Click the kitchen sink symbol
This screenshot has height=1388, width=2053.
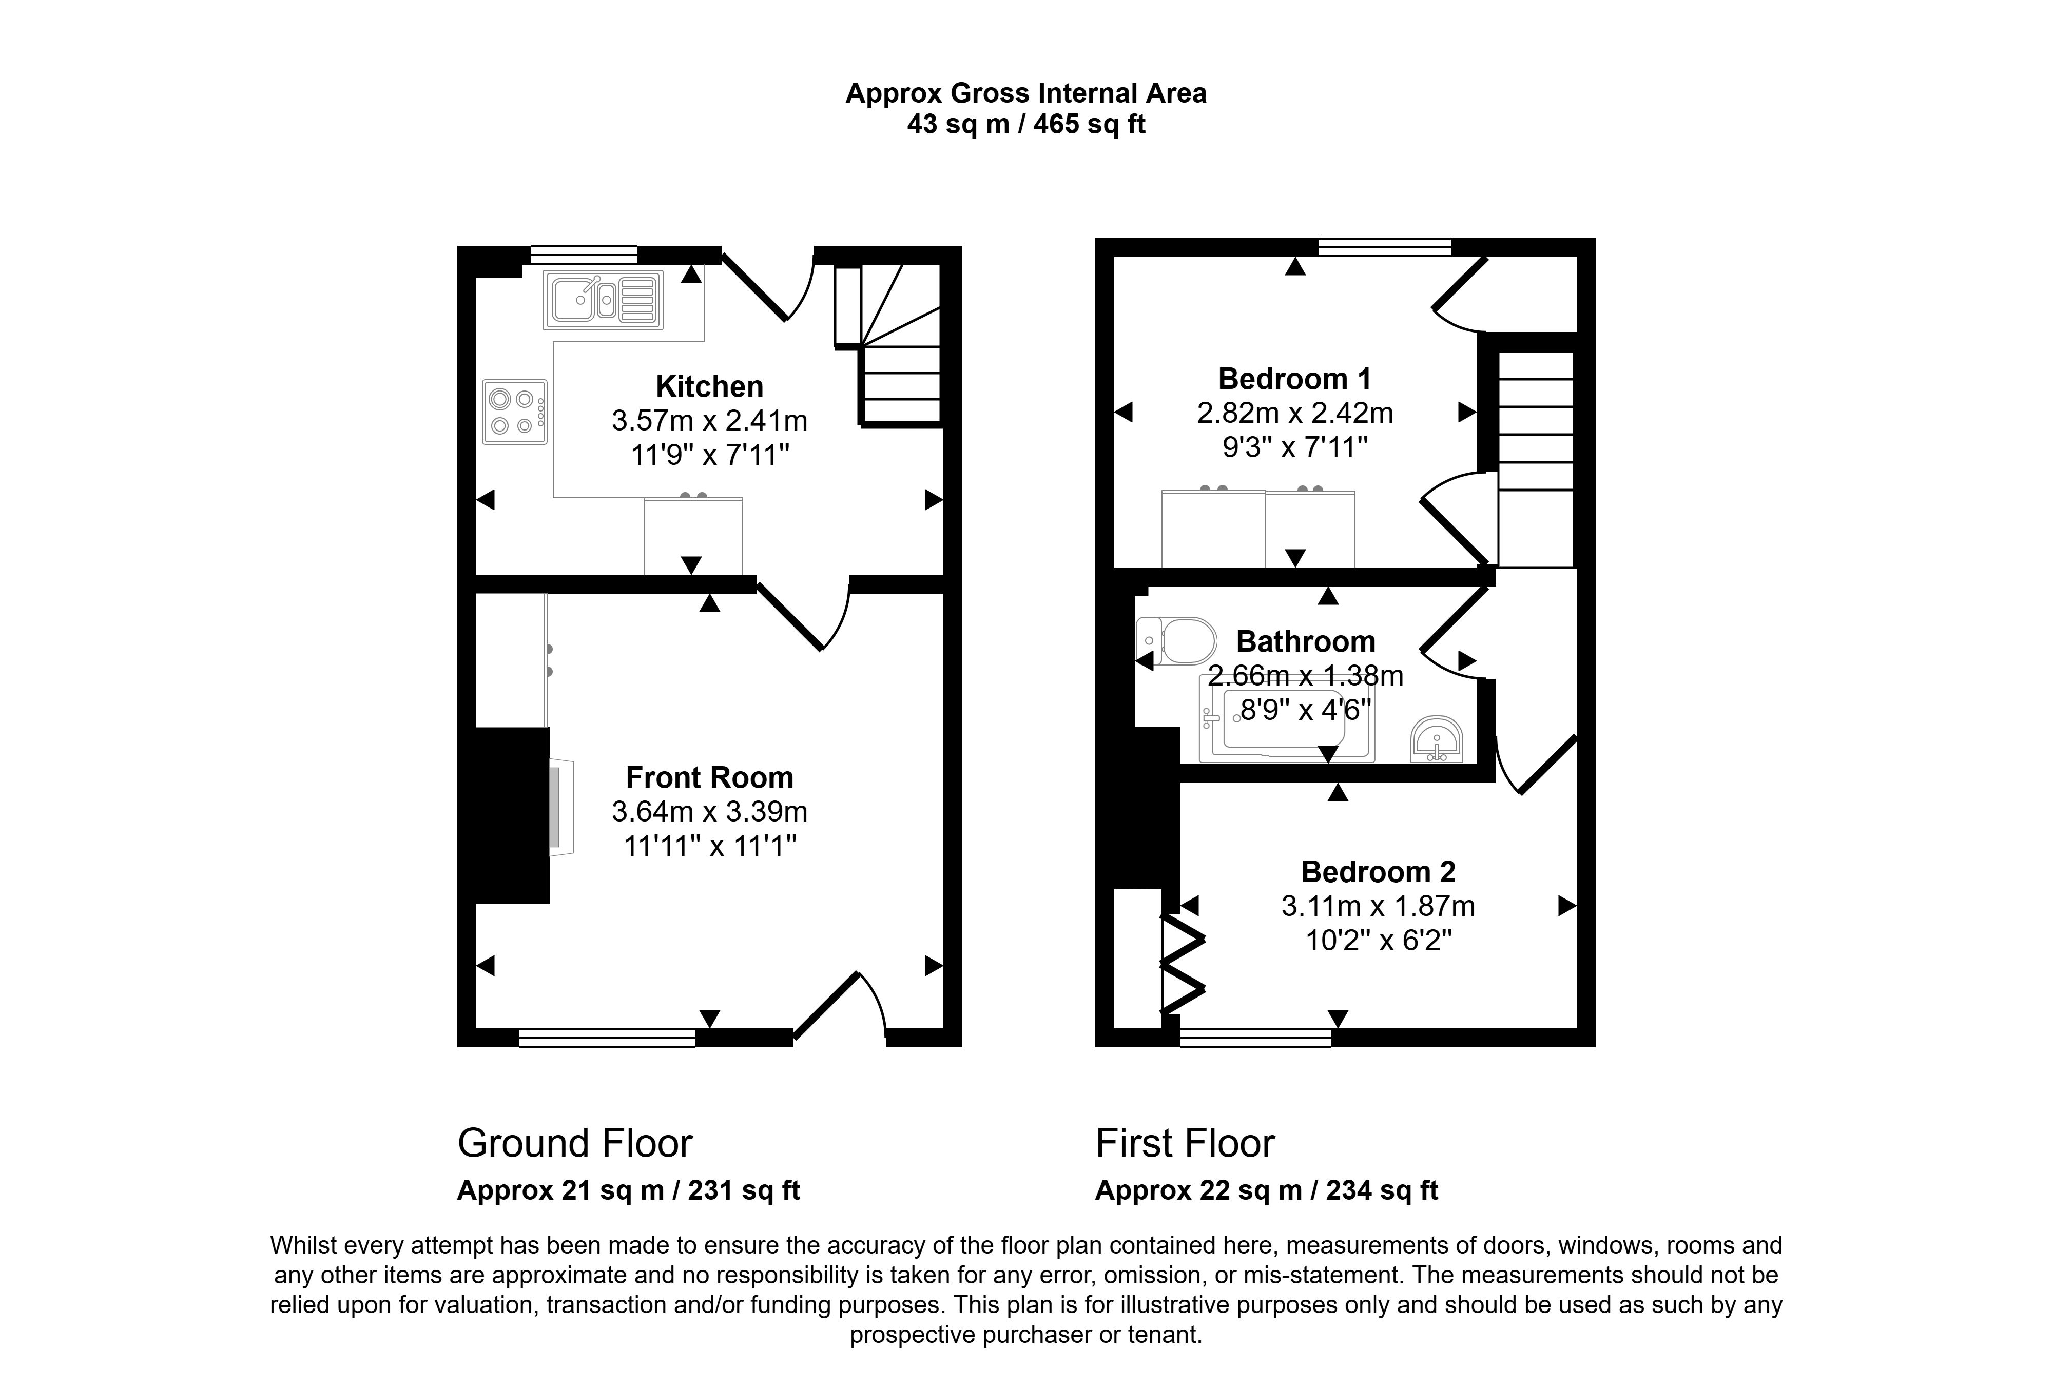click(604, 299)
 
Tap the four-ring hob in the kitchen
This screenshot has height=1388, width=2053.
click(514, 412)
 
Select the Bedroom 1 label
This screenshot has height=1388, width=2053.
click(1294, 379)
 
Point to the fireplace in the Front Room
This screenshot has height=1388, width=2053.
click(560, 810)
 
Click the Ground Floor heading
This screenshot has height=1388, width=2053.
click(574, 1143)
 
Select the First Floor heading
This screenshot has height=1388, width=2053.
click(1185, 1143)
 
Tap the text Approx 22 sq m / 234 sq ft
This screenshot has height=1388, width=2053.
click(1266, 1190)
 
